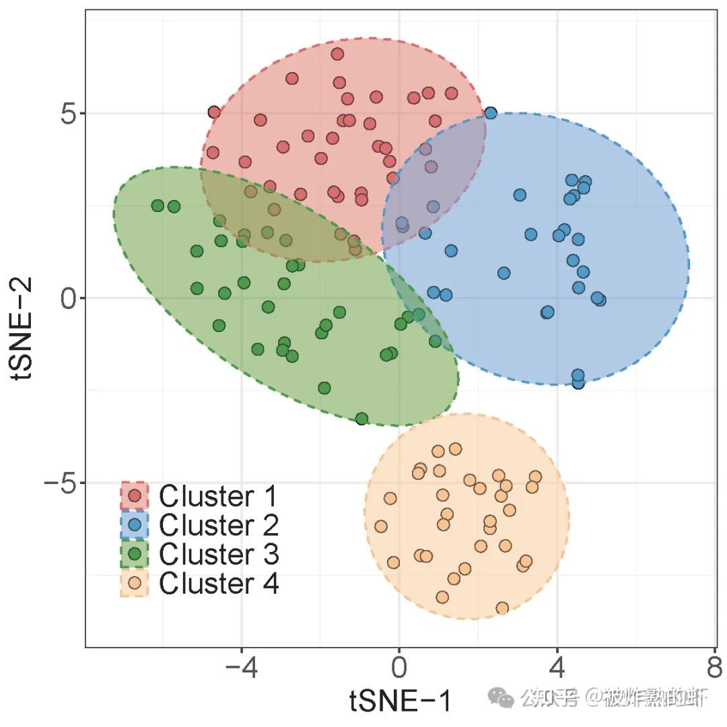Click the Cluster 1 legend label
point(218,497)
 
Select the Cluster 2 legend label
point(218,525)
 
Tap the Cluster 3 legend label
point(218,555)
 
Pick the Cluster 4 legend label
point(218,584)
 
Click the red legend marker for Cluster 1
point(135,497)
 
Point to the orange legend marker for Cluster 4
point(135,584)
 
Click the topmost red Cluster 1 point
point(337,54)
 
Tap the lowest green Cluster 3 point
point(361,419)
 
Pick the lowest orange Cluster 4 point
point(502,609)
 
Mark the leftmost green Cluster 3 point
point(158,205)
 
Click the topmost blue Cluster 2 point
point(491,113)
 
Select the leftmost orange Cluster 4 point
point(381,526)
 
